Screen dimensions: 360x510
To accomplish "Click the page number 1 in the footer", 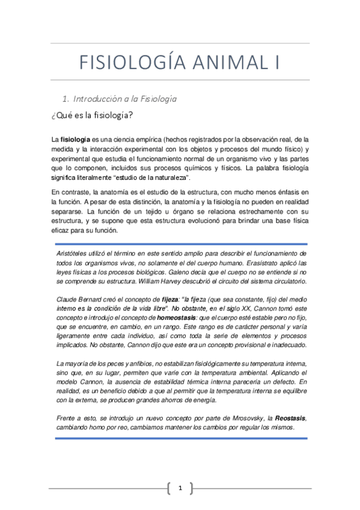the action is (180, 488).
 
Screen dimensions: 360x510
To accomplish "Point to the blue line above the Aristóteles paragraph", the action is (180, 244).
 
